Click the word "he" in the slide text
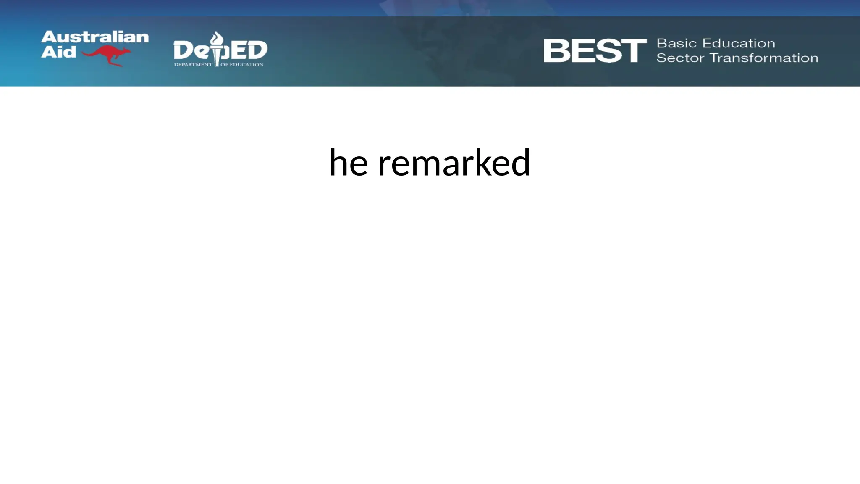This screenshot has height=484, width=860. pos(348,163)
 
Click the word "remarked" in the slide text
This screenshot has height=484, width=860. pos(454,163)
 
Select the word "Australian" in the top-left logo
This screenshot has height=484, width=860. pos(95,37)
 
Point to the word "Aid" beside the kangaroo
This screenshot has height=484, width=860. pos(58,52)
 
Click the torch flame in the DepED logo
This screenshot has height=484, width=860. pos(217,39)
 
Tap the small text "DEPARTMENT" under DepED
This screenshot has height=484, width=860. pos(193,65)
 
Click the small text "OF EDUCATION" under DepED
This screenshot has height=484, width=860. pos(242,65)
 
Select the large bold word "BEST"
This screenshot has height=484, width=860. pos(595,51)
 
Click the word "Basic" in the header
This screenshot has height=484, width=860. pos(676,43)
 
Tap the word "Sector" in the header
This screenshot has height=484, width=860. pos(680,58)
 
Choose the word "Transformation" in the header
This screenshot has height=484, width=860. pos(764,58)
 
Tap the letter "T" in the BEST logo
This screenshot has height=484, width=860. pos(633,51)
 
